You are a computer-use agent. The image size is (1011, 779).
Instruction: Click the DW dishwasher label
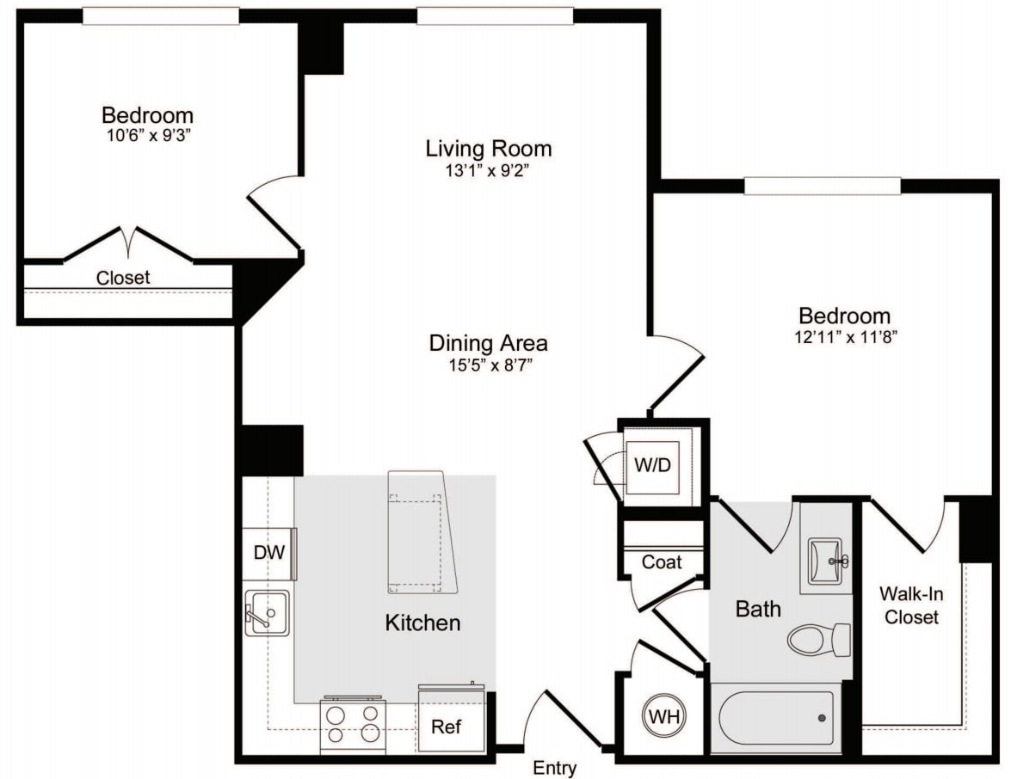[x=268, y=553]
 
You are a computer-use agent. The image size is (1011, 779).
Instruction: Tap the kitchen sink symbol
[x=267, y=613]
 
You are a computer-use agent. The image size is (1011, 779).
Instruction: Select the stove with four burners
[x=352, y=724]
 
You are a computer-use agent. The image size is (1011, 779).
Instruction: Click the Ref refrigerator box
[x=446, y=727]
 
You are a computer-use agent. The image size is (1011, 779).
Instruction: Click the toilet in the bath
[x=818, y=640]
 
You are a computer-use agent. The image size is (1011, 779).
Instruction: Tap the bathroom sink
[x=826, y=562]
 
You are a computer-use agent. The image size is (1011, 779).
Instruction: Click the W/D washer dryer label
[x=651, y=464]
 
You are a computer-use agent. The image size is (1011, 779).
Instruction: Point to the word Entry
[x=555, y=768]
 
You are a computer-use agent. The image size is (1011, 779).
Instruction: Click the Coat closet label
[x=662, y=562]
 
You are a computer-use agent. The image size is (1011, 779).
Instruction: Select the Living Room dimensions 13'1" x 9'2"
[x=488, y=170]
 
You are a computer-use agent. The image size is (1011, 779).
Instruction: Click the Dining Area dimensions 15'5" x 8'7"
[x=488, y=365]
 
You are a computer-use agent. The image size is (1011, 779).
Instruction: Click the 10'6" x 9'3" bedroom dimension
[x=147, y=136]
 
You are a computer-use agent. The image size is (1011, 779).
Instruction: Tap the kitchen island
[x=421, y=532]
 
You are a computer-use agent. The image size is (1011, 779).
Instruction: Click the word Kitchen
[x=422, y=623]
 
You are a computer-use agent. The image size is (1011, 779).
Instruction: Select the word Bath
[x=758, y=609]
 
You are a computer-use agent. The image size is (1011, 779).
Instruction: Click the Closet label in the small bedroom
[x=123, y=278]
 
